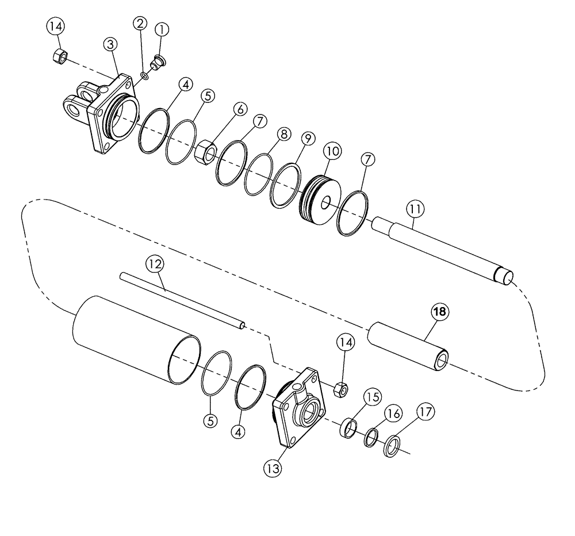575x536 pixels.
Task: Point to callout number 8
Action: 282,135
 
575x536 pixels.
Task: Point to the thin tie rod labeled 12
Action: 184,301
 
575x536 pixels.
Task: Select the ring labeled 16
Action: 370,437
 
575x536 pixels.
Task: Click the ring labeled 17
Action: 392,446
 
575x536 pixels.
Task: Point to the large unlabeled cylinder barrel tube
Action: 132,342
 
